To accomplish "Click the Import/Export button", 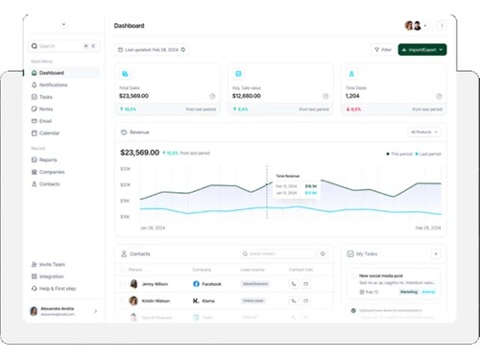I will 422,49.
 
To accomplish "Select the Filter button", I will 383,49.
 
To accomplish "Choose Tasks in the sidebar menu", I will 47,97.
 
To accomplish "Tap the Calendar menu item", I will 50,132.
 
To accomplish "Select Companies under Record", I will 53,172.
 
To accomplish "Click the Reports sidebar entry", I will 48,159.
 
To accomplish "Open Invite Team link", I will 52,264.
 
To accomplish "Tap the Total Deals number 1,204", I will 352,96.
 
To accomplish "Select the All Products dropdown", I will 424,132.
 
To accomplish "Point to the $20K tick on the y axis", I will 126,169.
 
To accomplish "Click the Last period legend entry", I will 428,154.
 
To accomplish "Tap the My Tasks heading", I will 367,253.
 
